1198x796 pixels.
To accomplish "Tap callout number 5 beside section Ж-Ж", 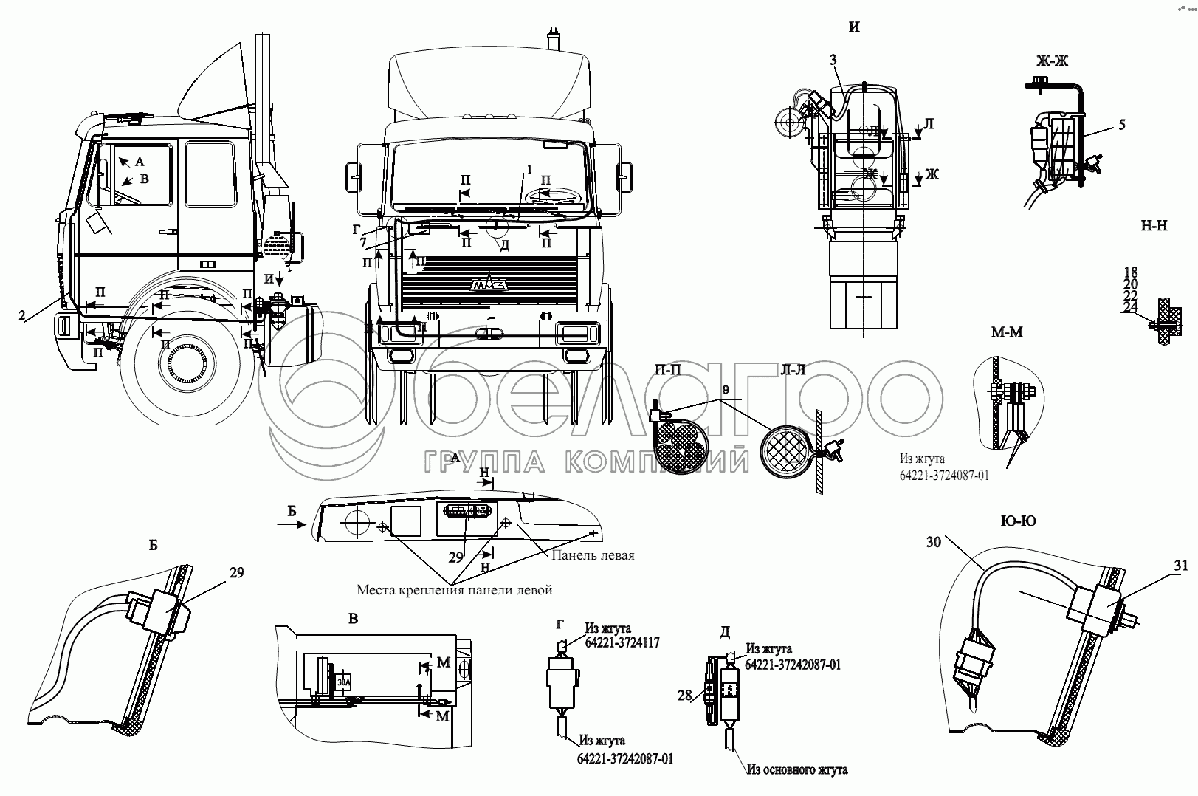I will point(1121,125).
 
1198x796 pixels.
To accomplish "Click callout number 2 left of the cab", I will point(24,315).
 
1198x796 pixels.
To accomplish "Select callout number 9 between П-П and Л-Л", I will point(725,389).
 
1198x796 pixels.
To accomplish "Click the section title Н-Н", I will point(1154,227).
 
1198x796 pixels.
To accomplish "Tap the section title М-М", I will point(1007,332).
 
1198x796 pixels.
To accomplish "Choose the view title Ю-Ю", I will point(1018,521).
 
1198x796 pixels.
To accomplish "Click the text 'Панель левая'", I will point(593,555).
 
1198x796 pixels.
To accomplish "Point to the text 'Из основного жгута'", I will point(796,770).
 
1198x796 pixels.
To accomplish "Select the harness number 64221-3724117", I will point(622,642).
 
